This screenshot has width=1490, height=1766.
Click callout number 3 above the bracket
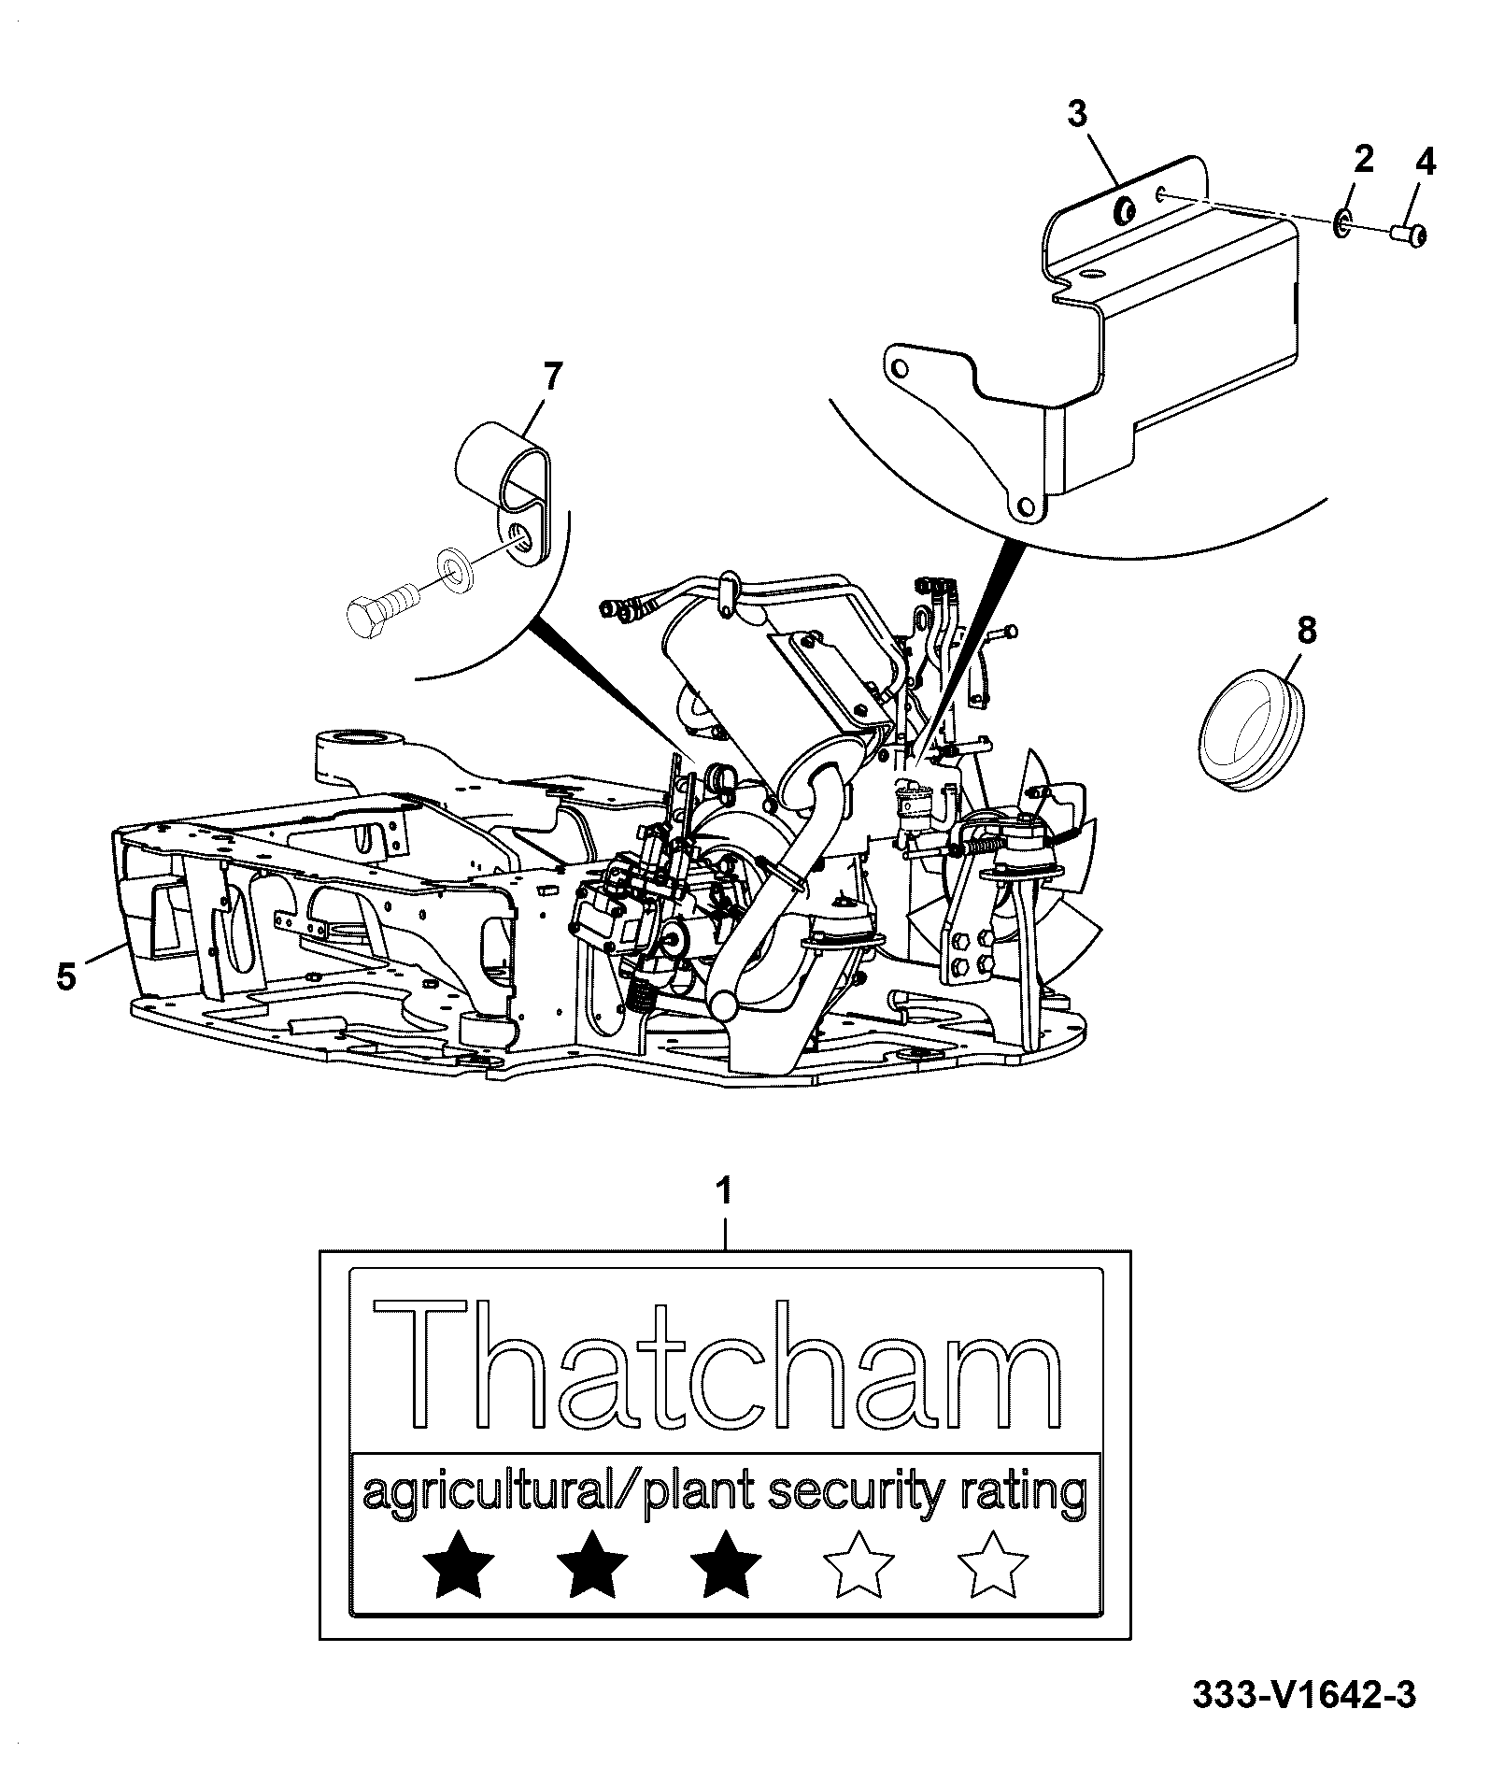pos(1077,114)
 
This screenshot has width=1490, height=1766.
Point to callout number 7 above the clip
pos(552,377)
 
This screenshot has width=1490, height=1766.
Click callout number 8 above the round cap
pos(1307,631)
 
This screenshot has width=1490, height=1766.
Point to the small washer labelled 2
pos(1342,221)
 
